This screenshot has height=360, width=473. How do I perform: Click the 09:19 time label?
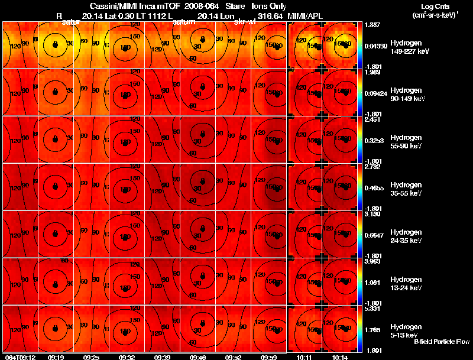[x=56, y=357]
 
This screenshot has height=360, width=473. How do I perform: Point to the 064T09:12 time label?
[x=20, y=357]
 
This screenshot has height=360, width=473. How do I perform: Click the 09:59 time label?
[x=269, y=357]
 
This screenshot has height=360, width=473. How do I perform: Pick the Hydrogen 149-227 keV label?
[x=410, y=48]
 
